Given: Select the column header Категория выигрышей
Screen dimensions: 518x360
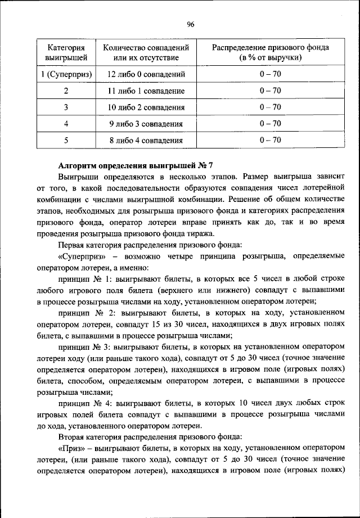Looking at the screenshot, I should click(66, 52).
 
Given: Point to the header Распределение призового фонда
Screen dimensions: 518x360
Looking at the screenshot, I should click(270, 52).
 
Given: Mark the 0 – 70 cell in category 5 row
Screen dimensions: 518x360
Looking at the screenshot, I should click(270, 141).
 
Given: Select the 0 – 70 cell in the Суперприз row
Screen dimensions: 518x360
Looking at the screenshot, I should click(270, 74).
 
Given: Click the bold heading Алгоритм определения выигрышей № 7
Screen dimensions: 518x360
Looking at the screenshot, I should click(136, 165).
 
